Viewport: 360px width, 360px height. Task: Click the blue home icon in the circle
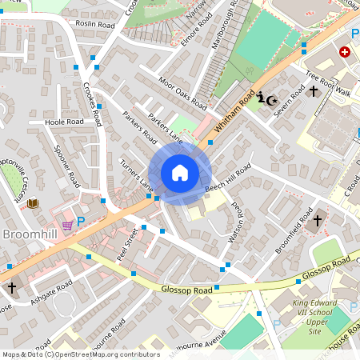180,173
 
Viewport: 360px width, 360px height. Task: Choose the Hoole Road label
64,122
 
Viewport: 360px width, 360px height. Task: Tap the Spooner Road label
67,164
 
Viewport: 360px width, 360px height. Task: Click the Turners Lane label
135,174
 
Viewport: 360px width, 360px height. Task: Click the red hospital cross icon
345,52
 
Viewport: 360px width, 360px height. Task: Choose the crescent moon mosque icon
272,100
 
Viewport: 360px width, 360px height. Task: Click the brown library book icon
32,204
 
